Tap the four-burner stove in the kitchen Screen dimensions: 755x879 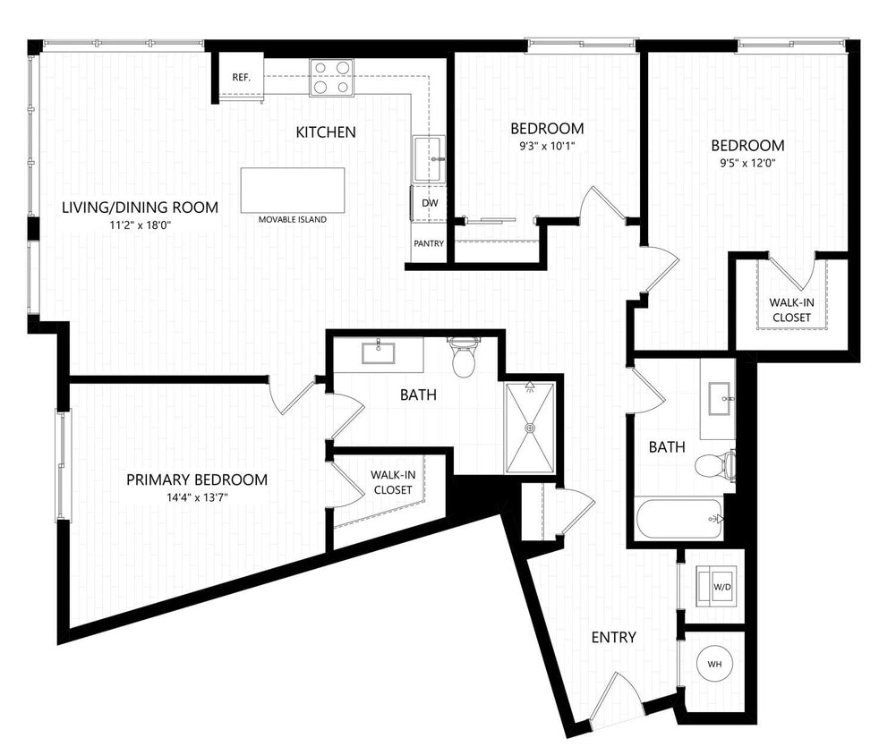coord(331,77)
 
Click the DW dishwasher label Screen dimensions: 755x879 coord(430,203)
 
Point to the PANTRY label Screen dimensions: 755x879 coord(429,243)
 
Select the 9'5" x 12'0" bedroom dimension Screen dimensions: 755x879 coord(747,163)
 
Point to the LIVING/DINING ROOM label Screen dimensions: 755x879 coord(140,208)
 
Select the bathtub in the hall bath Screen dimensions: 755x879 coord(678,519)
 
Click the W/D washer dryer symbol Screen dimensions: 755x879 coord(721,587)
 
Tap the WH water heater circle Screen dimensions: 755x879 coord(714,665)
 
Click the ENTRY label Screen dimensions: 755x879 coord(614,638)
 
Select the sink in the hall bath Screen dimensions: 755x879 coord(719,399)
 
